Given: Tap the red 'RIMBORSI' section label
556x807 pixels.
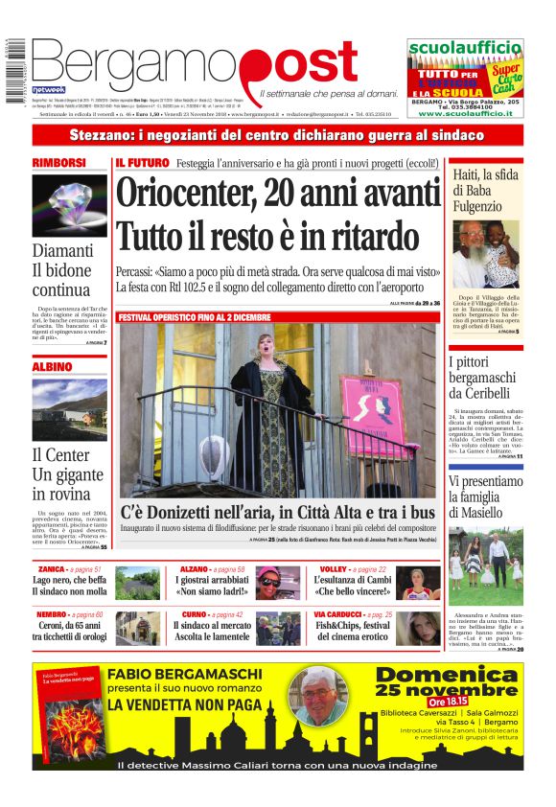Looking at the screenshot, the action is coord(59,163).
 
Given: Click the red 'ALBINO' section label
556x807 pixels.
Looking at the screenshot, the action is coord(52,366).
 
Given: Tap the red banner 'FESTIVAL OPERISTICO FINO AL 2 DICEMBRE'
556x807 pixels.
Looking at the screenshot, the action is coord(195,317).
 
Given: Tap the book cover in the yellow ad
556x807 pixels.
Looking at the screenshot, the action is coord(68,710).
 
